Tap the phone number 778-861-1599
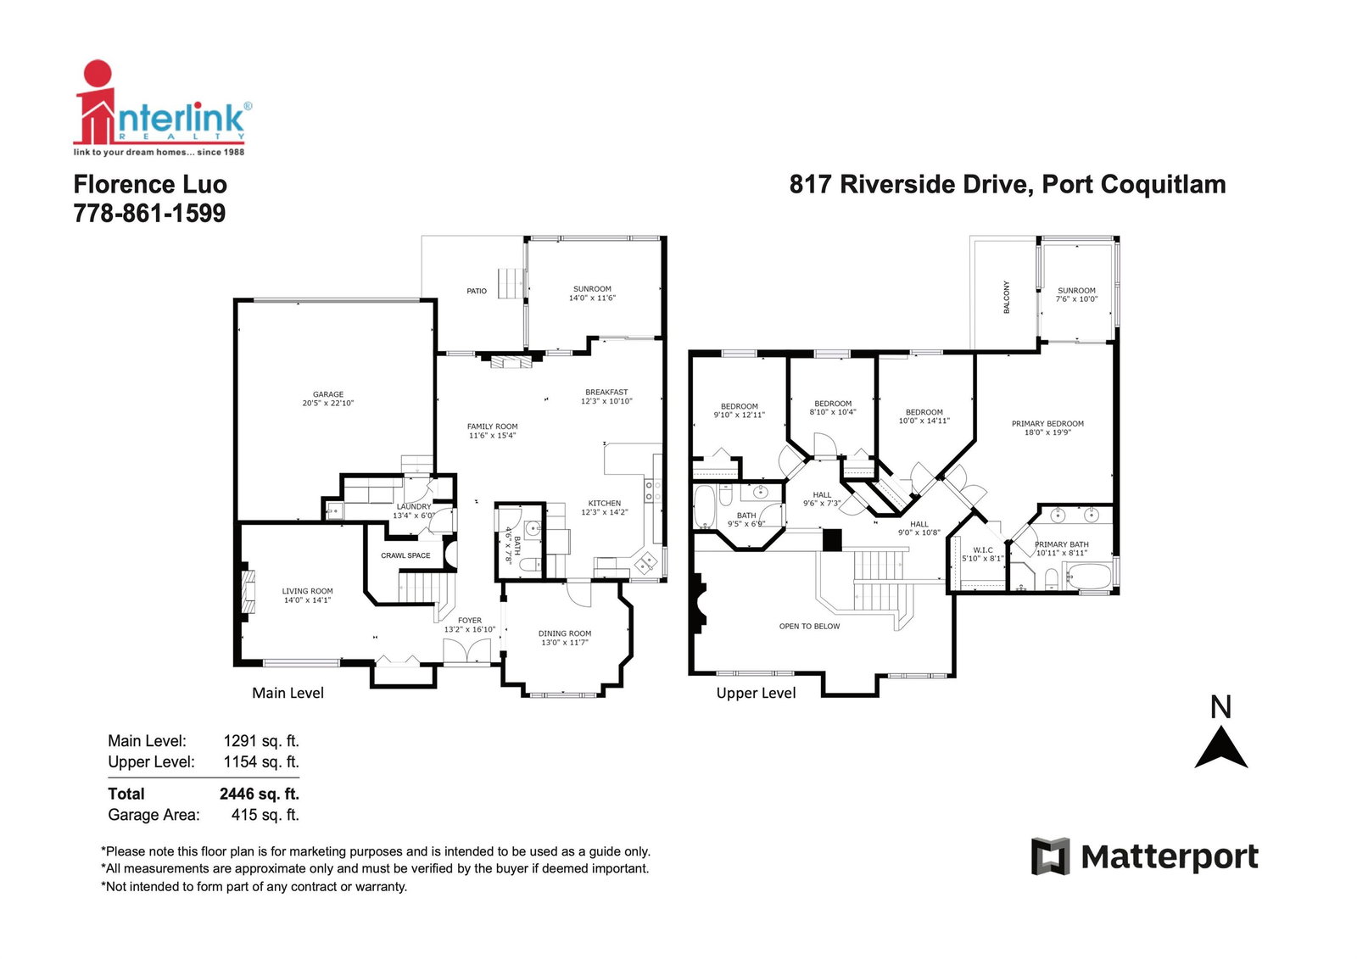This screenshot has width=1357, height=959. (149, 213)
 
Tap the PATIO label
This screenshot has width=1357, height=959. (476, 291)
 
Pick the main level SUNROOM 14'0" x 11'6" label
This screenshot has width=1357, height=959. (592, 293)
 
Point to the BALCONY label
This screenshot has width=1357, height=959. (1006, 297)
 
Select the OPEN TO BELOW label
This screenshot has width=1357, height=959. (809, 626)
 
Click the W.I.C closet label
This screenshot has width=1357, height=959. (983, 550)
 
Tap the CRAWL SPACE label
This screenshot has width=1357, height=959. (405, 555)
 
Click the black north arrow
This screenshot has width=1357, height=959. (1220, 748)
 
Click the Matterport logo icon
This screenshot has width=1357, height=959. (1051, 856)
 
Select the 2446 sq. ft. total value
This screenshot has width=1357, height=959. (260, 794)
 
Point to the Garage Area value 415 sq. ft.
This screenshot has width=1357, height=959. (265, 815)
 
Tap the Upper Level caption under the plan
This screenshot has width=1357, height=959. (756, 693)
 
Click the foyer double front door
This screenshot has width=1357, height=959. (467, 651)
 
